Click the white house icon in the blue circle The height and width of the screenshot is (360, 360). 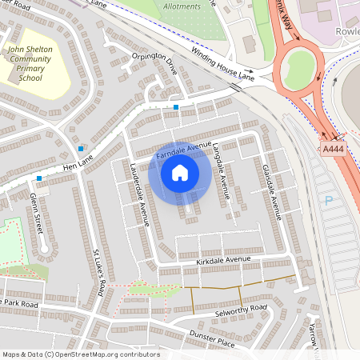tap(180, 172)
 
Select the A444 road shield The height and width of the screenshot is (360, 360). tap(334, 149)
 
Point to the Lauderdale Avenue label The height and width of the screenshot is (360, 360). tap(140, 194)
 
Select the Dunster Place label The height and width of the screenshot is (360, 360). tap(211, 339)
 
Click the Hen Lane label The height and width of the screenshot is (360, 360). tap(78, 167)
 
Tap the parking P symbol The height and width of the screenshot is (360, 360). tap(328, 201)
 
